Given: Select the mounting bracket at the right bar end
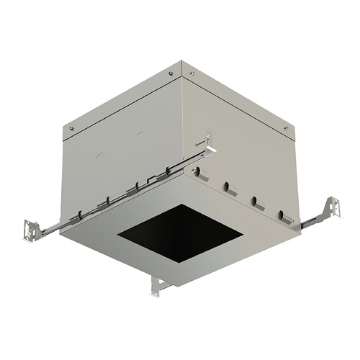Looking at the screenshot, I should coord(330,210).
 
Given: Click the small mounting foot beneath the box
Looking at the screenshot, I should coord(159,286).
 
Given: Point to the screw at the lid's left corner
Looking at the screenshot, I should coord(71,127).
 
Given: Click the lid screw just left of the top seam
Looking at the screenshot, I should coord(171,73).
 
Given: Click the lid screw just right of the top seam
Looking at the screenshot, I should coord(192,73).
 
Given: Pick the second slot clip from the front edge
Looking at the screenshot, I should coord(230,188).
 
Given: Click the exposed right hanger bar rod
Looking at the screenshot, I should coord(311,220).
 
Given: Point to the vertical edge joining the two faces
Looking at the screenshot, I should coord(182,130).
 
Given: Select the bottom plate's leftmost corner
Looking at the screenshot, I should coord(78,232).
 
